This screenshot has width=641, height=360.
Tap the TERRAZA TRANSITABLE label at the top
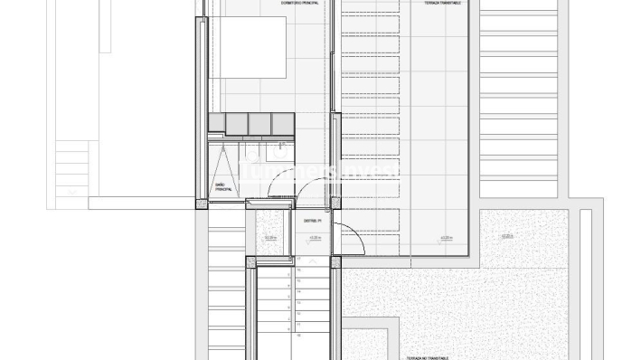tap(440, 5)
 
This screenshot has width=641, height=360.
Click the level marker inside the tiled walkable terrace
tap(445, 239)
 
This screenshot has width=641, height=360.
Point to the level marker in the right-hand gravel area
tap(506, 237)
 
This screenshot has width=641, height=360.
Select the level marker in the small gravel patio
tap(269, 239)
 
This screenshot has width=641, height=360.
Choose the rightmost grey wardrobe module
tap(283, 122)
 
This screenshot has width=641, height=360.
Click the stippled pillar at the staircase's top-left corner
tap(250, 263)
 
